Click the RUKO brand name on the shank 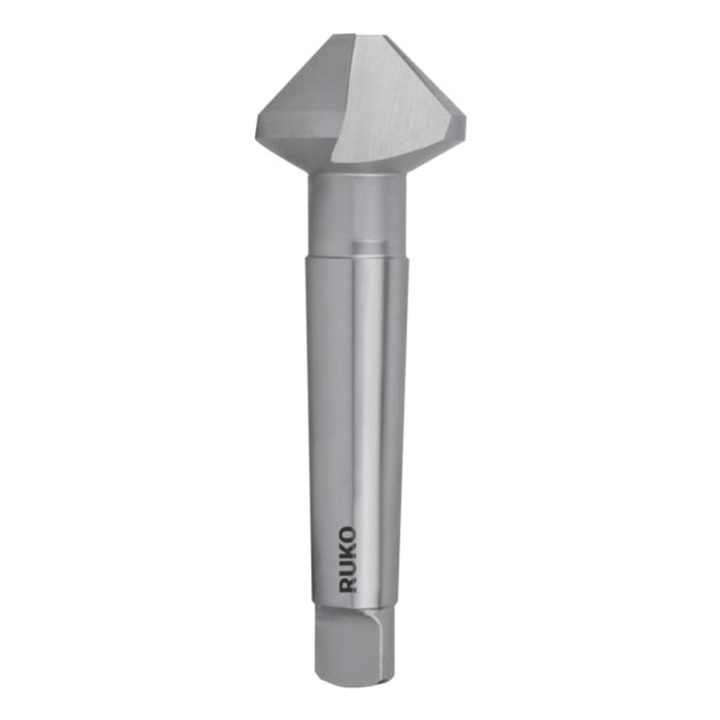point(347,559)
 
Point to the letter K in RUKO point(347,552)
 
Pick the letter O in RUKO point(347,535)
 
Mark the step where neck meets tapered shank point(356,256)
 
